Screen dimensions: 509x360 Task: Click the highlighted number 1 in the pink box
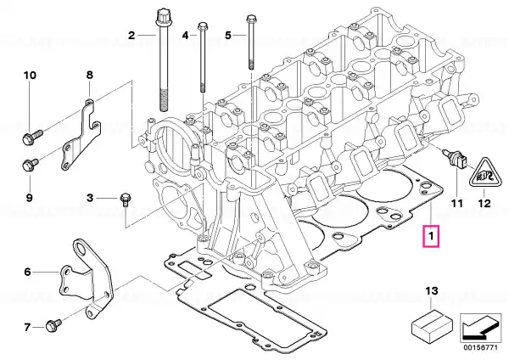click(431, 236)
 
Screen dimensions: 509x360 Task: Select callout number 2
click(131, 35)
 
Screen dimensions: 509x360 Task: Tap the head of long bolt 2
click(161, 17)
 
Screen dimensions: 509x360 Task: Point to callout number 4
click(185, 35)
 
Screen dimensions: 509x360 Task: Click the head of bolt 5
click(250, 19)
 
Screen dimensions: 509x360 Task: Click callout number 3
click(90, 198)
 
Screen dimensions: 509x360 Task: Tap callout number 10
click(30, 76)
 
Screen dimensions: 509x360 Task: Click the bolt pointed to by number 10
click(33, 137)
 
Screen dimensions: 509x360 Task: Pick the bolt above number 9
click(31, 165)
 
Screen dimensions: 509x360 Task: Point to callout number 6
click(27, 272)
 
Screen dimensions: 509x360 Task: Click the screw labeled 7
click(53, 325)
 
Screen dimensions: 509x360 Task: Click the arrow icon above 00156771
click(480, 329)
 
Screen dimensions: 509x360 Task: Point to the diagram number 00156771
click(480, 347)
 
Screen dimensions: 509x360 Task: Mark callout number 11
click(456, 204)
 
